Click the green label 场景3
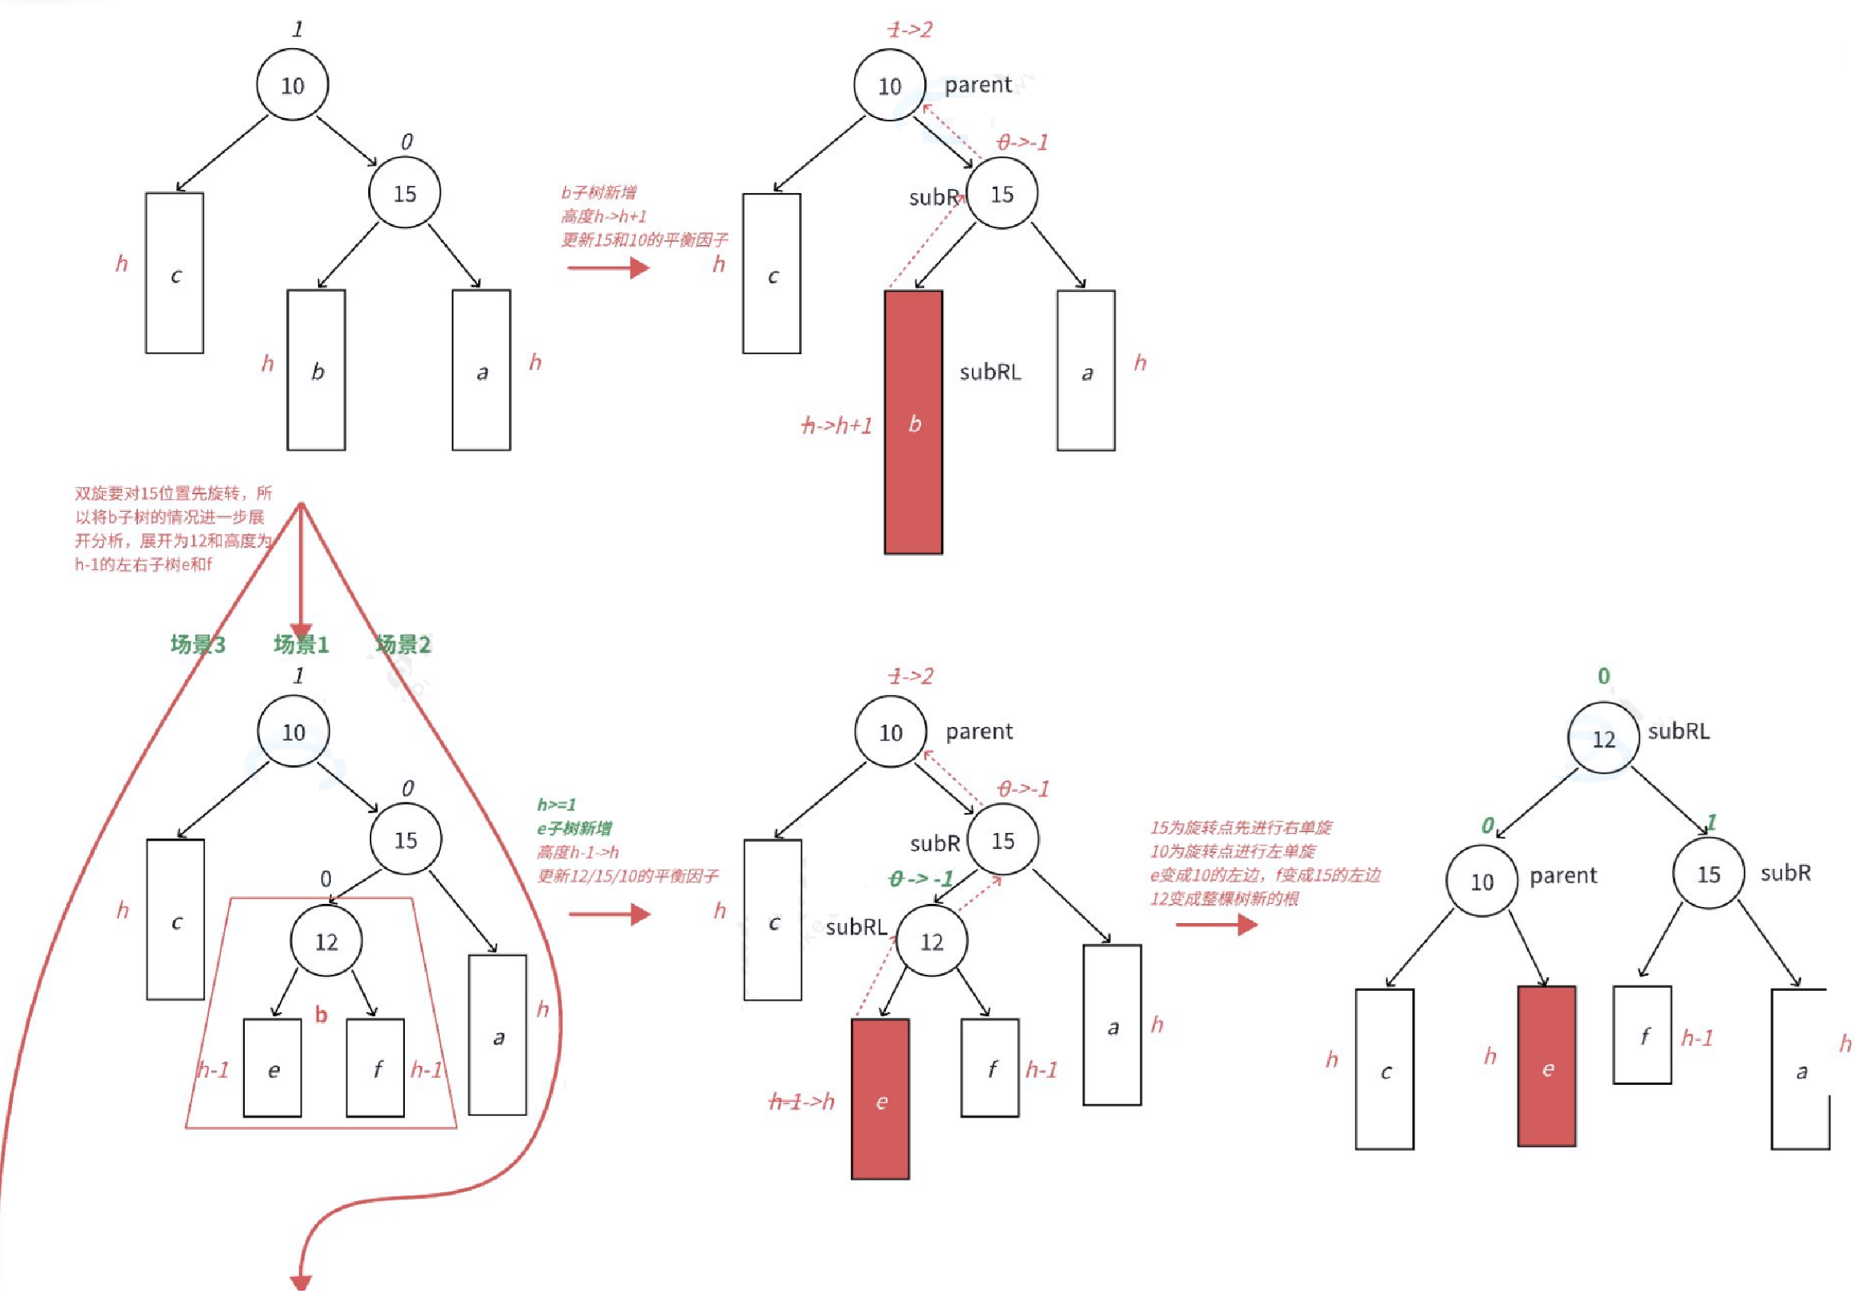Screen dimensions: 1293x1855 click(198, 644)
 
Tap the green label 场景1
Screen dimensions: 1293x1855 click(301, 644)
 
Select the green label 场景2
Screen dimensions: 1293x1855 click(403, 644)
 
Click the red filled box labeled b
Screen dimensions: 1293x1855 click(913, 423)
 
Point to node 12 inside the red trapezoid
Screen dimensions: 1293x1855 click(326, 941)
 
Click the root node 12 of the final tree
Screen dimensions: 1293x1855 click(1603, 738)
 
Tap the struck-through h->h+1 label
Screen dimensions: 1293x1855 click(837, 426)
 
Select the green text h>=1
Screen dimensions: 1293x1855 click(557, 805)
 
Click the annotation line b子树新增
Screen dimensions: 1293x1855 click(599, 192)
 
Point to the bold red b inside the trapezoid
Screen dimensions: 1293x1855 click(322, 1015)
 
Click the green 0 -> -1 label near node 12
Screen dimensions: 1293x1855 click(921, 879)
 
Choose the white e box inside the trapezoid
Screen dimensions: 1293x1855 click(273, 1067)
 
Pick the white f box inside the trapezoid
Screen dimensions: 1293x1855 click(376, 1067)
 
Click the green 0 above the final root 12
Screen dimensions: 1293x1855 click(1603, 676)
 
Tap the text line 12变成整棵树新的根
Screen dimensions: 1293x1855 click(1224, 899)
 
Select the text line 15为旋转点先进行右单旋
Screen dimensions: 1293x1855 click(1241, 828)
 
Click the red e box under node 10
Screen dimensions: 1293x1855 click(1546, 1066)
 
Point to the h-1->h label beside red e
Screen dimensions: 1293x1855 click(801, 1102)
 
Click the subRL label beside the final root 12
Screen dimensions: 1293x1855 click(1679, 732)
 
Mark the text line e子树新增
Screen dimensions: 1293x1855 click(574, 828)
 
